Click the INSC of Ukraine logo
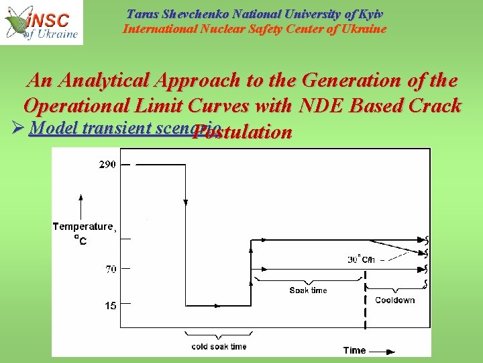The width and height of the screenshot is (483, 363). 42,23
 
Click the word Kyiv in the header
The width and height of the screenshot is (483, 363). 371,14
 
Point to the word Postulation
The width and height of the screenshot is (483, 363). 241,132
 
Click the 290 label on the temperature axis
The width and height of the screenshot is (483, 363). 107,165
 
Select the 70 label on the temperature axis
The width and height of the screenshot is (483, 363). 110,269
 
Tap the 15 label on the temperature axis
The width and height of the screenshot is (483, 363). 110,305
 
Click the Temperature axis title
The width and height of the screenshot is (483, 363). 83,227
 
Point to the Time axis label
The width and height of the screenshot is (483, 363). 354,350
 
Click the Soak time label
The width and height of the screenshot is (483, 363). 308,290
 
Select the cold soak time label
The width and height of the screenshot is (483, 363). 219,346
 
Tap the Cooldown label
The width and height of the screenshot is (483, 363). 394,300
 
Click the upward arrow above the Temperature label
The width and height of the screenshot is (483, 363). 80,205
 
